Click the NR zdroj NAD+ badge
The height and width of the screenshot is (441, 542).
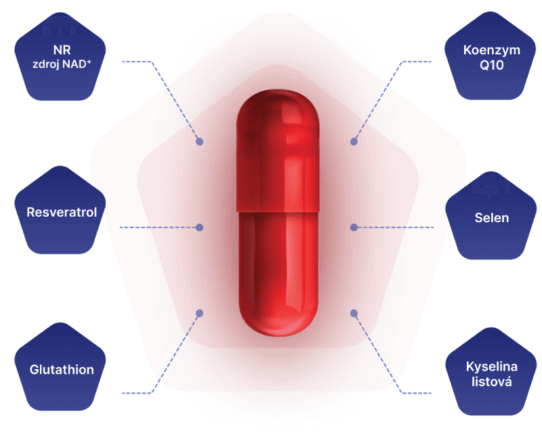[x=62, y=59]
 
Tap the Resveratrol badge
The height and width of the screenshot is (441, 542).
[x=62, y=213]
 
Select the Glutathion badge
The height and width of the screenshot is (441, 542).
[x=62, y=370]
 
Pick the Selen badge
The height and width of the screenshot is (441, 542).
[x=492, y=218]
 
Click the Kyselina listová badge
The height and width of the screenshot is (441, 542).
[x=492, y=374]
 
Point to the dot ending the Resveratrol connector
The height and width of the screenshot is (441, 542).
[x=199, y=228]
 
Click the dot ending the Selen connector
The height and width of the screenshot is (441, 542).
[x=353, y=227]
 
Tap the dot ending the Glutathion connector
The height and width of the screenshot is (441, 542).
[x=200, y=312]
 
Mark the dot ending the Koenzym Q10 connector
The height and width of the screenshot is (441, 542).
[x=353, y=142]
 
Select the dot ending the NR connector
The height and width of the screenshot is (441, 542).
[x=200, y=142]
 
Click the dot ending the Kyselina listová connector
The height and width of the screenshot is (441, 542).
[x=353, y=312]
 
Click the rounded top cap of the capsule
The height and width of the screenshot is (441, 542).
[x=278, y=108]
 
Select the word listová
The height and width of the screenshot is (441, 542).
[x=492, y=382]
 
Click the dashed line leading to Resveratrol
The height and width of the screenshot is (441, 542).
[x=159, y=228]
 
